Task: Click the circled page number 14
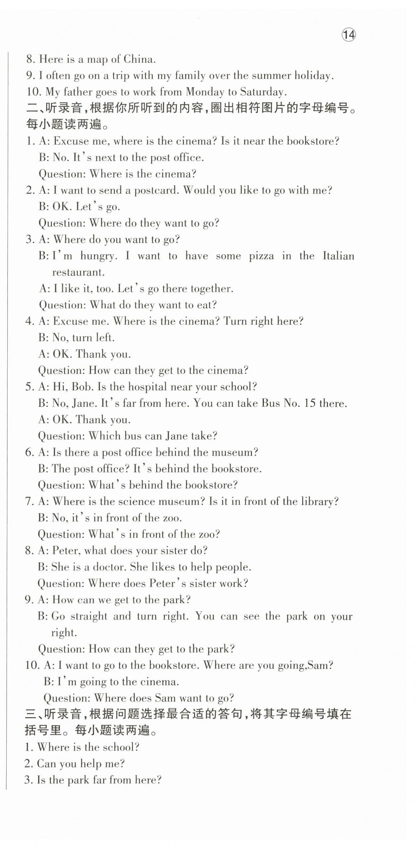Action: (349, 35)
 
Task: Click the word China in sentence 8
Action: (139, 59)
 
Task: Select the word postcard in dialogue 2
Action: (156, 190)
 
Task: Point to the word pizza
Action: (261, 256)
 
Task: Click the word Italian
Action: (338, 256)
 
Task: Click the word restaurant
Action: (78, 272)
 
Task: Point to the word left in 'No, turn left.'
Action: (104, 338)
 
